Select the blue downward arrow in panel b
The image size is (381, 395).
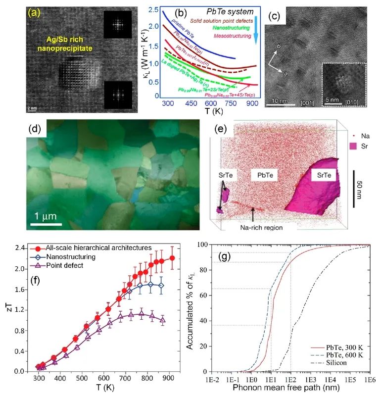[x=255, y=29]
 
